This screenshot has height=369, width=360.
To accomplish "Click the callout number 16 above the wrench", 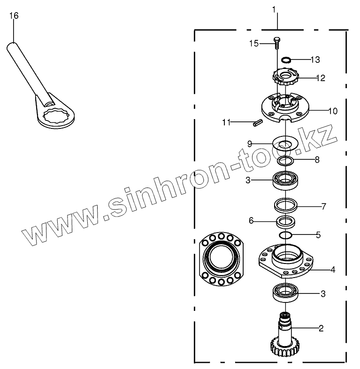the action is tap(14, 16).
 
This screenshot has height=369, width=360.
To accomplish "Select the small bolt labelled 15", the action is tap(276, 43).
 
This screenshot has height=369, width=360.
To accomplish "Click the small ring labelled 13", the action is tap(286, 60).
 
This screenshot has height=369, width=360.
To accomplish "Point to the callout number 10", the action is tap(333, 111).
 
